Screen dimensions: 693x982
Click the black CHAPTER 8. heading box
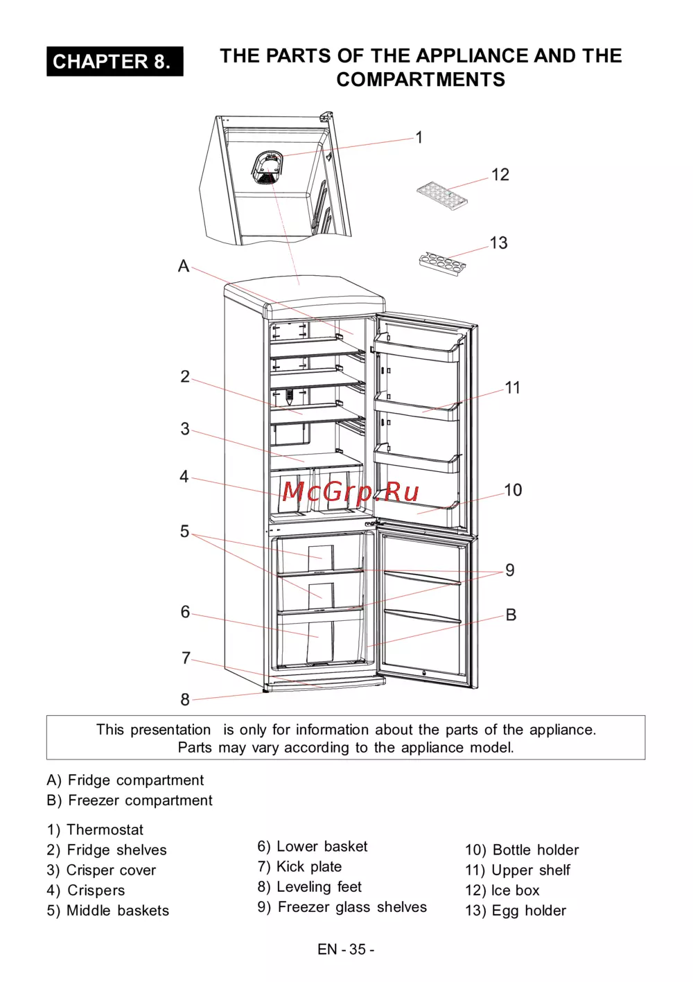click(115, 62)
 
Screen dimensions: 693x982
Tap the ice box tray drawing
click(442, 195)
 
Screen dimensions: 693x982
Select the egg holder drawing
click(442, 263)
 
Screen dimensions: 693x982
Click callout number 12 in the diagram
click(500, 175)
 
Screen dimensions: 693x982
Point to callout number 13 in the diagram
click(498, 243)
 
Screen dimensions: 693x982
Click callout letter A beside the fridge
click(184, 266)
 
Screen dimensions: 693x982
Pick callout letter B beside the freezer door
click(511, 615)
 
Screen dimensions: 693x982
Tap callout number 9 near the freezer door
click(510, 570)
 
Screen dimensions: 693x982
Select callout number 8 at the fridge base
click(185, 700)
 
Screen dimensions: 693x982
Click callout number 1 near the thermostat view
click(419, 138)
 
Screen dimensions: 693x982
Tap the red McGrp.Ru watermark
click(350, 492)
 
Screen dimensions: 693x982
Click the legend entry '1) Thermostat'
click(95, 830)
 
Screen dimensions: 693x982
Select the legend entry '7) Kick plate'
click(299, 867)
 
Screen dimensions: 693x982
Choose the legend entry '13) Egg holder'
click(516, 911)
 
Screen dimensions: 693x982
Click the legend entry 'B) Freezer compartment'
click(130, 800)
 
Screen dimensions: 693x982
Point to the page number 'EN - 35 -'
click(346, 949)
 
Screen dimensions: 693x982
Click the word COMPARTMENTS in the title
click(421, 80)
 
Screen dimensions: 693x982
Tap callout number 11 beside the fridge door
click(513, 387)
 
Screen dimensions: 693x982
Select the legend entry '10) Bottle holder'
click(522, 850)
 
